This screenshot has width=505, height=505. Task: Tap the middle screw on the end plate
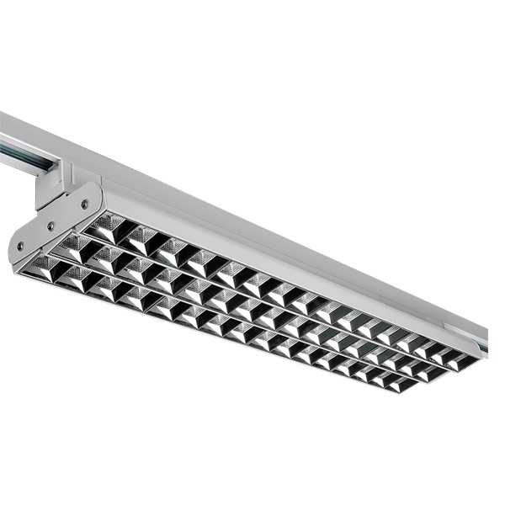pyautogui.click(x=50, y=226)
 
